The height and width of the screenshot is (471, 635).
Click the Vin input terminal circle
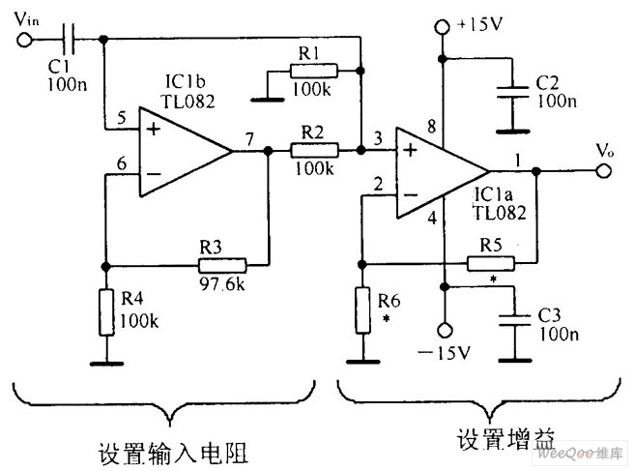(24, 40)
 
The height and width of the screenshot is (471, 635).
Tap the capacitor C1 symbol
(68, 40)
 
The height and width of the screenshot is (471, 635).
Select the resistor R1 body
(313, 71)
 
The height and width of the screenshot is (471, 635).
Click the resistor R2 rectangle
(314, 150)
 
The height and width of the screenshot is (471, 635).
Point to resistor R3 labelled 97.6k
(222, 265)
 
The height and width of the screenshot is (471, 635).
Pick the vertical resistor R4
(106, 312)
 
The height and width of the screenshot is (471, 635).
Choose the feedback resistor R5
(491, 263)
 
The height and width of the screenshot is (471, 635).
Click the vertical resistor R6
(362, 310)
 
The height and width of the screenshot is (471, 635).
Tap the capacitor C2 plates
(512, 92)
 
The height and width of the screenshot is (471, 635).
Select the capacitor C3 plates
(514, 320)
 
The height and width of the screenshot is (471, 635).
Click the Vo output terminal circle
(604, 171)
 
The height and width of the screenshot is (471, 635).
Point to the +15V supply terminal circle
(442, 27)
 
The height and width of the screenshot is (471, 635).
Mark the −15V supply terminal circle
(445, 331)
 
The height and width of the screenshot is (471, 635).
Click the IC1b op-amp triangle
(186, 152)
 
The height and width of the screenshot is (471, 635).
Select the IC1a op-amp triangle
(443, 173)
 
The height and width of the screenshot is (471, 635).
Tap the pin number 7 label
(249, 139)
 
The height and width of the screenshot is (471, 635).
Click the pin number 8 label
(432, 127)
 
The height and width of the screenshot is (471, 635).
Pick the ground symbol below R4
(106, 364)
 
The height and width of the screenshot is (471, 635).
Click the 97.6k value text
(222, 284)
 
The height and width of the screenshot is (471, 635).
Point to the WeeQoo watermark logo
(580, 453)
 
